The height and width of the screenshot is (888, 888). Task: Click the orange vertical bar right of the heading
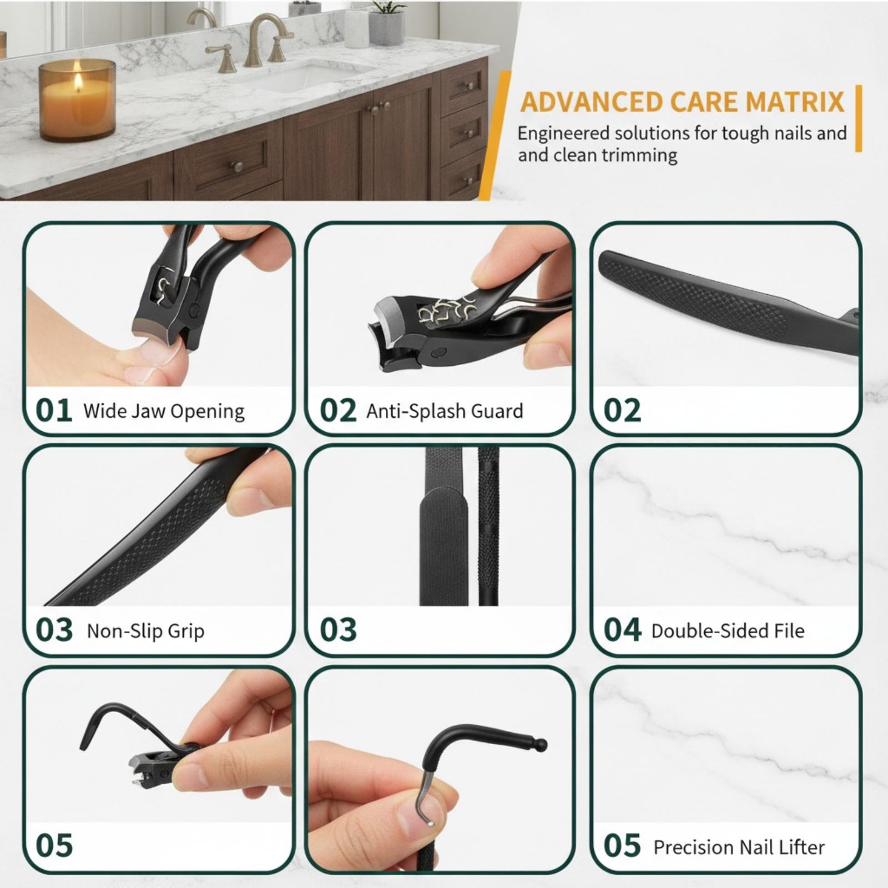(x=859, y=118)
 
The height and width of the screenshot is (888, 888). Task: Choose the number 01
(x=54, y=411)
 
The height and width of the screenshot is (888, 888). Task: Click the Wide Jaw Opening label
(x=164, y=411)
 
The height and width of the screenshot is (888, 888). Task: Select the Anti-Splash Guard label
(x=445, y=411)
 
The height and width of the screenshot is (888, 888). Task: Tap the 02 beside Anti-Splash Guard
(x=338, y=411)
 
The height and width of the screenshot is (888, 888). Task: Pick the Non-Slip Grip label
(x=145, y=631)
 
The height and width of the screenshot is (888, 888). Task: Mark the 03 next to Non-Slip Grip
(x=54, y=630)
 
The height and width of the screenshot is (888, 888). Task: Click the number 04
(x=622, y=630)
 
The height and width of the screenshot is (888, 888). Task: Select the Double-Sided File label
(x=728, y=631)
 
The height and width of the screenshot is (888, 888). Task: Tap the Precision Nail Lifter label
(x=739, y=847)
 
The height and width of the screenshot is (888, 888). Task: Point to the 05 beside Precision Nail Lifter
(x=622, y=846)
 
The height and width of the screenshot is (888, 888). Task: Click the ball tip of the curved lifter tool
(x=542, y=744)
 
